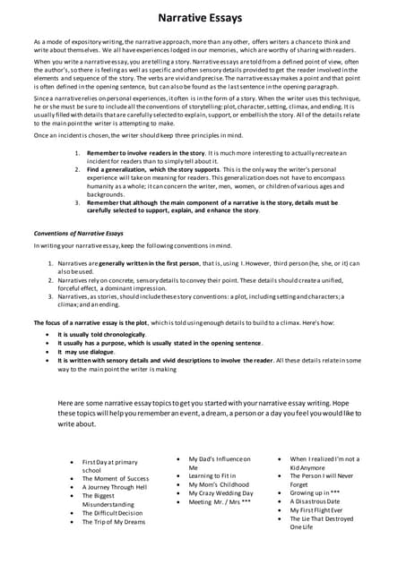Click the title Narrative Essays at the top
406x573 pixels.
203,18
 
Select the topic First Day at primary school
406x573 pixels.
110,466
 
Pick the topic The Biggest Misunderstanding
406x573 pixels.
111,500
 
